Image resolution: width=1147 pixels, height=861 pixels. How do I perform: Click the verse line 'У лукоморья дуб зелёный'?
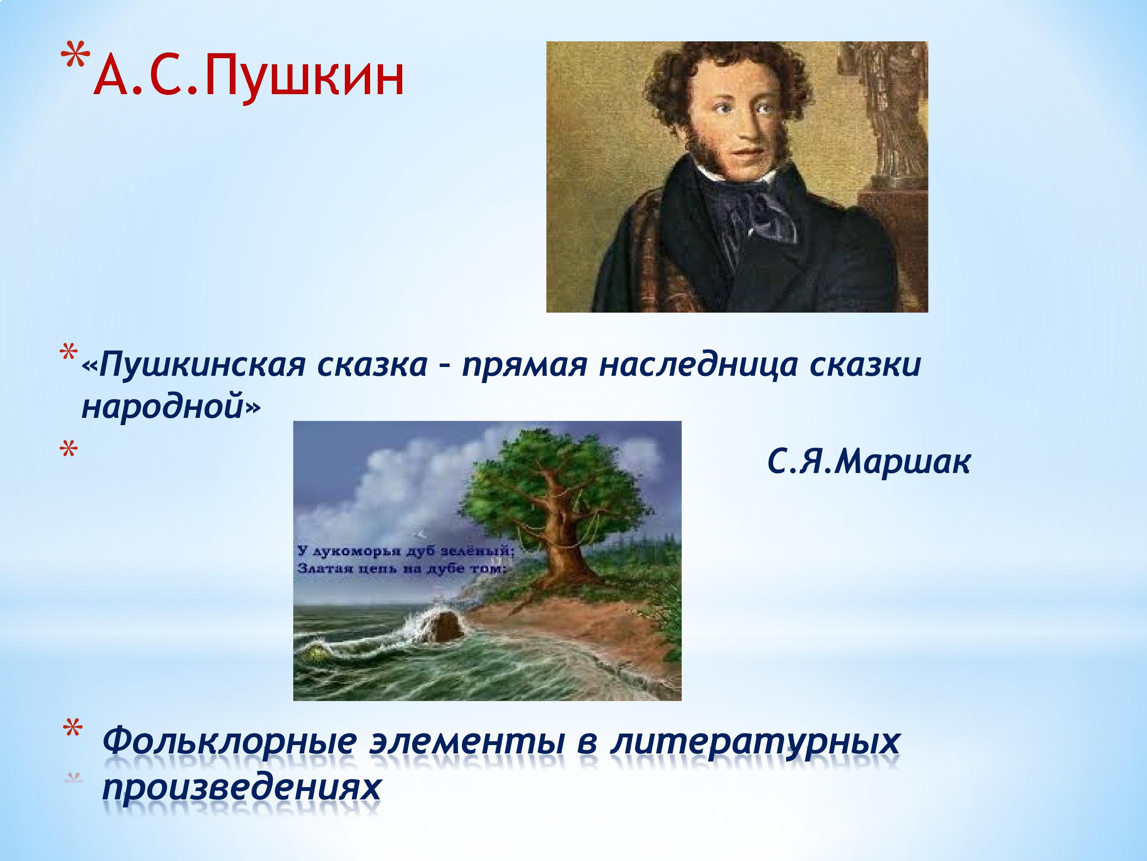[406, 551]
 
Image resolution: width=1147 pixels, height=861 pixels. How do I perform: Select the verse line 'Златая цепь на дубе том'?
[401, 569]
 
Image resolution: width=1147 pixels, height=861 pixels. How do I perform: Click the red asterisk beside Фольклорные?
[73, 730]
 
